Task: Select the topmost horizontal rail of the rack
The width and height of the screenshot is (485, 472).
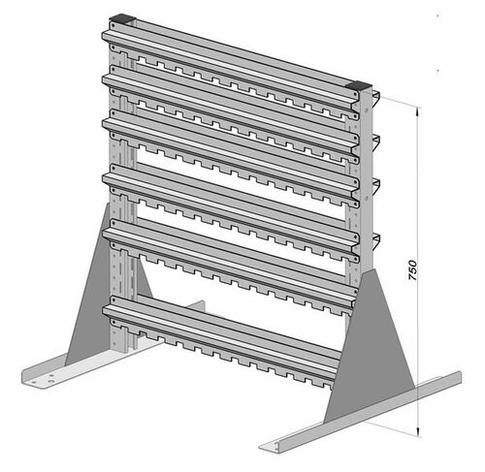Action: tap(233, 58)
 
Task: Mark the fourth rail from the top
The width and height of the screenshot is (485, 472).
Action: tap(233, 200)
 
